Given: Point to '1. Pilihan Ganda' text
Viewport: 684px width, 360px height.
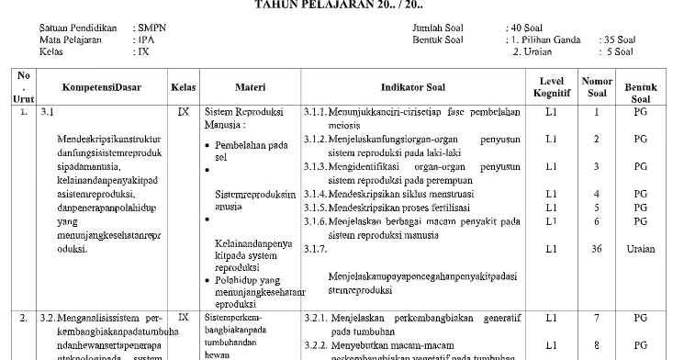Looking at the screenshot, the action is (x=545, y=40).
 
